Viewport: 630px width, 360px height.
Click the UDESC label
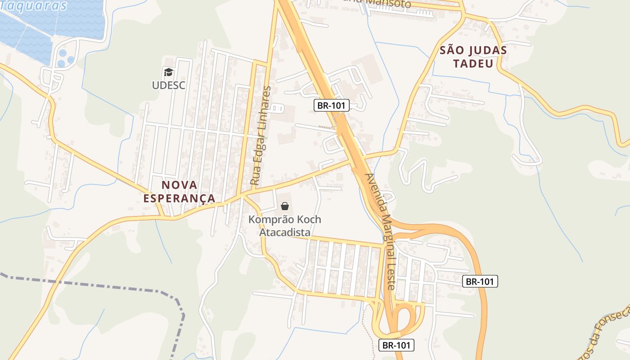pyautogui.click(x=168, y=85)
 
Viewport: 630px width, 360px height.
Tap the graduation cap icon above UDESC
pyautogui.click(x=168, y=72)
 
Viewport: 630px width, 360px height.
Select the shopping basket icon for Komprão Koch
pyautogui.click(x=285, y=206)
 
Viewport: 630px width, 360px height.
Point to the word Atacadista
pyautogui.click(x=285, y=232)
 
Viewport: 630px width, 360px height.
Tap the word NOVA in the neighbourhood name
pyautogui.click(x=179, y=185)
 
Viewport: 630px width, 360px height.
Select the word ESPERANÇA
pyautogui.click(x=179, y=198)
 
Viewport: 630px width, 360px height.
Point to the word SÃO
pyautogui.click(x=452, y=50)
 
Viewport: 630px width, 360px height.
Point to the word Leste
pyautogui.click(x=391, y=274)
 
